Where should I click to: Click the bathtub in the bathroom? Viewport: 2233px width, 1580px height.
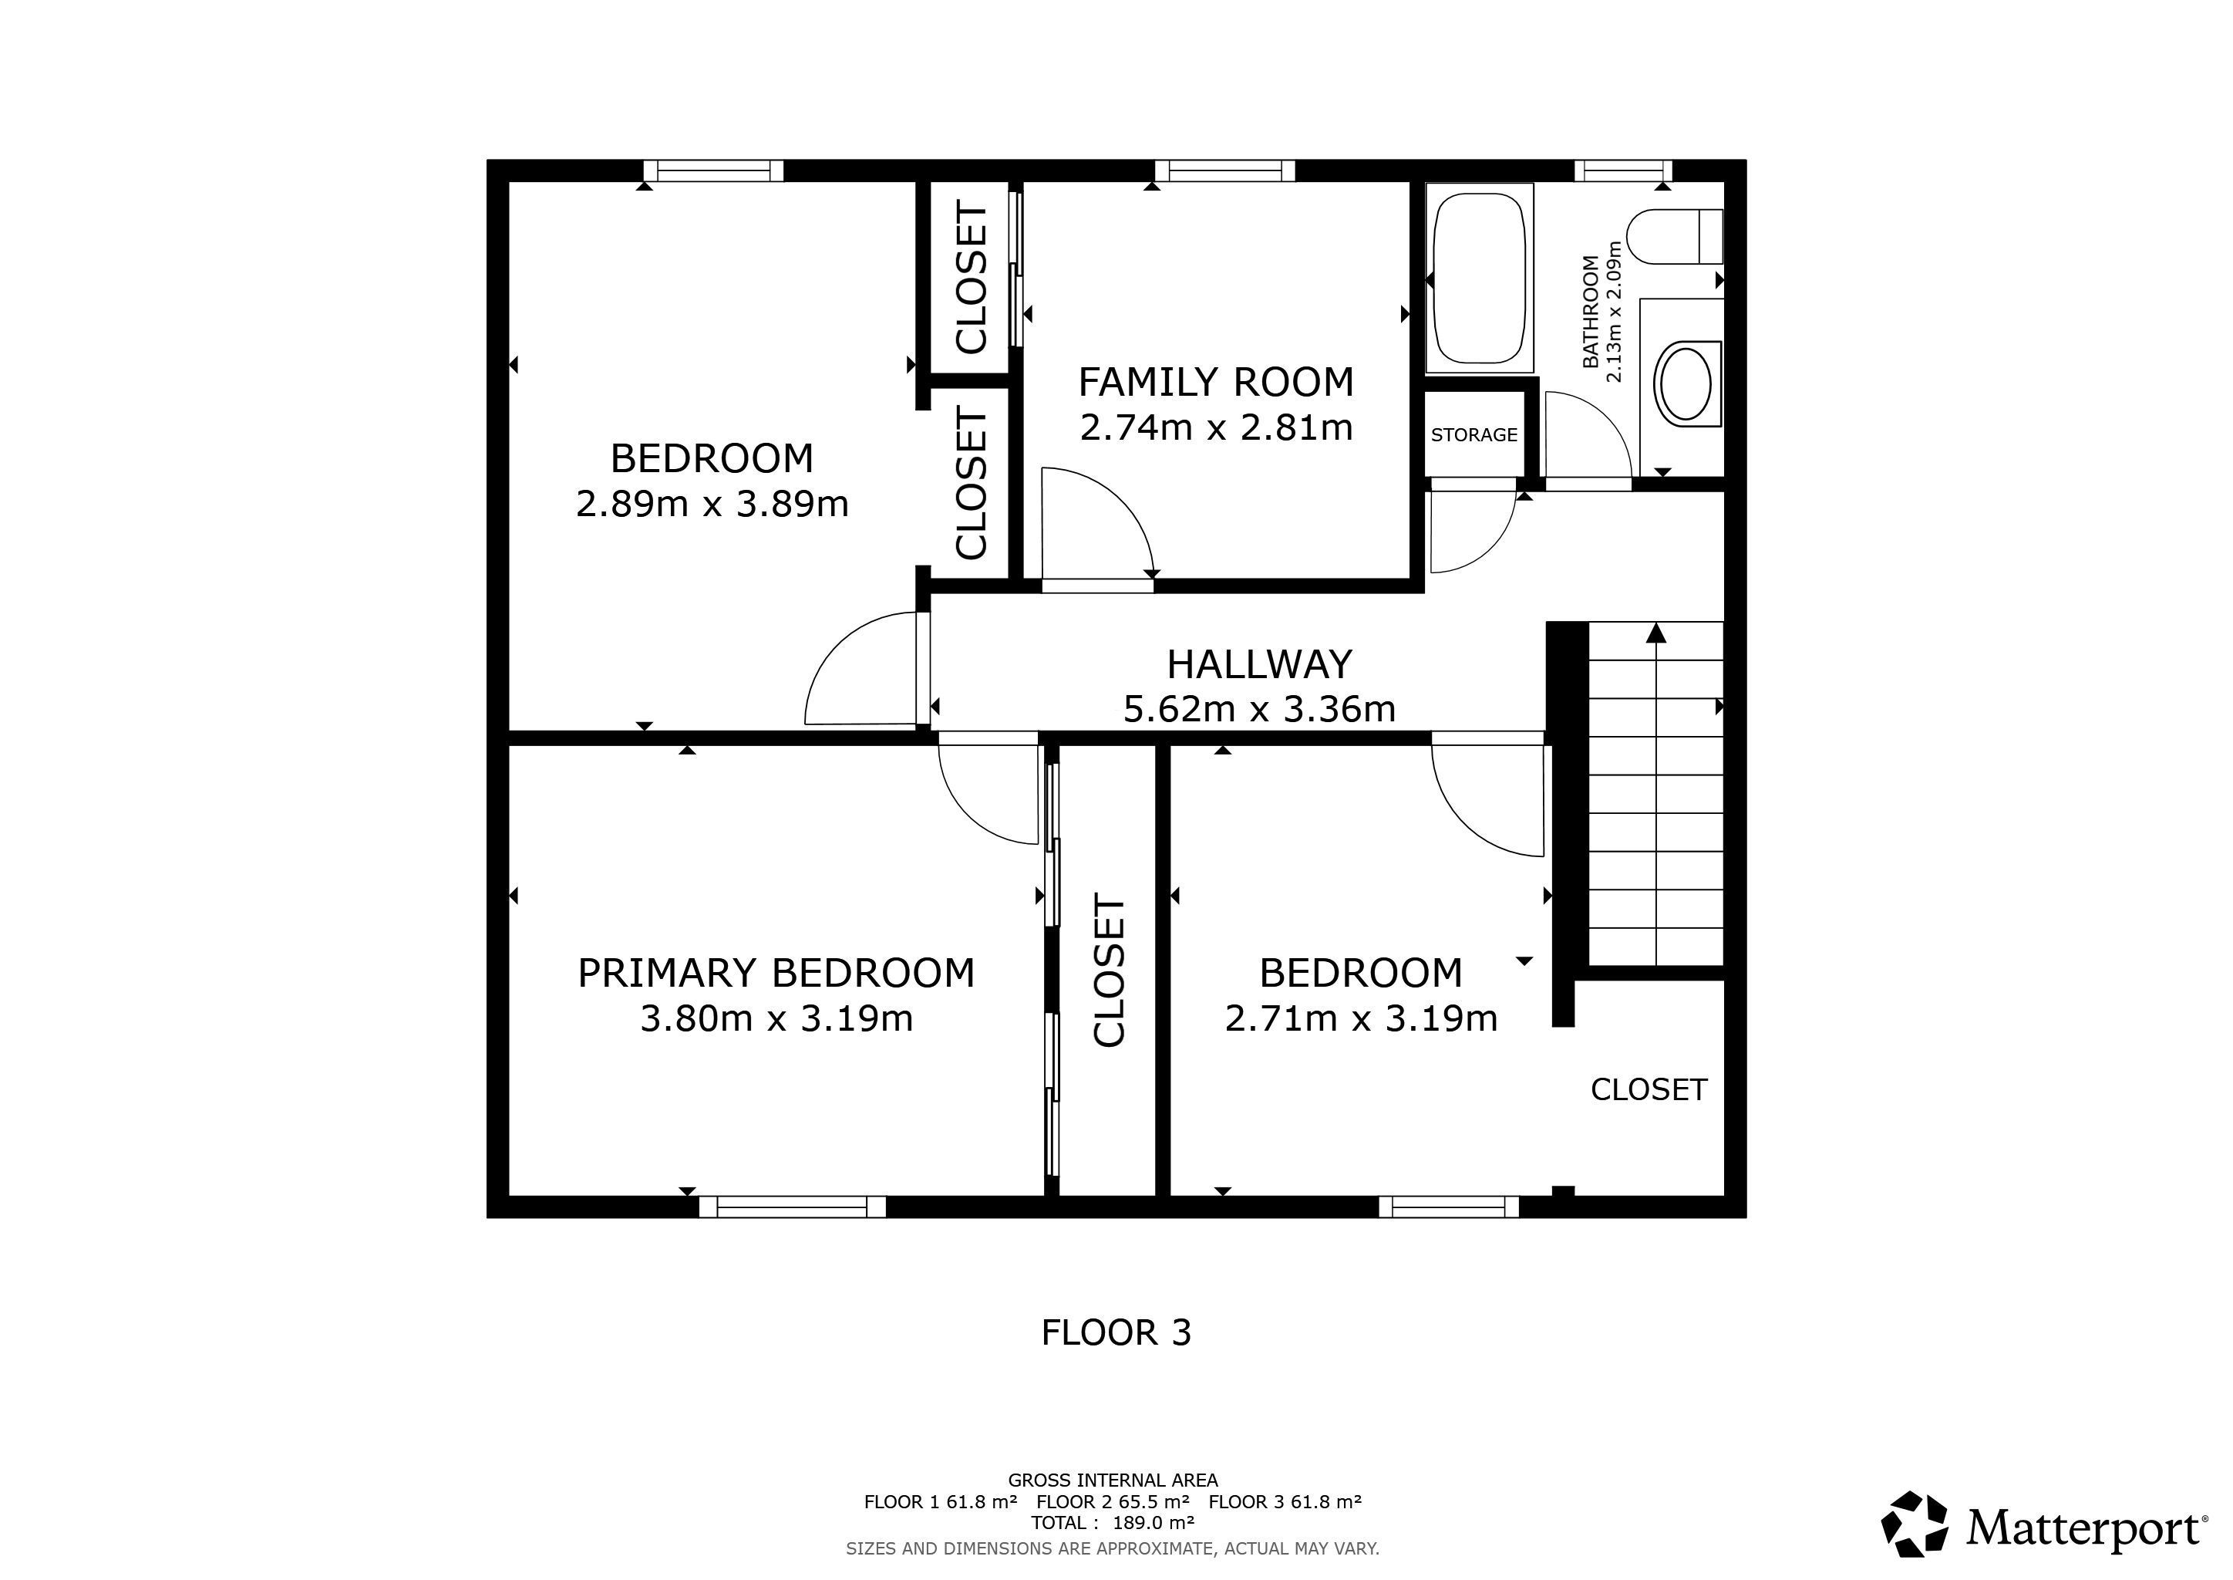pos(1479,279)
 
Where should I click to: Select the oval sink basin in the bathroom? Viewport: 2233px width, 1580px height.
pos(1686,383)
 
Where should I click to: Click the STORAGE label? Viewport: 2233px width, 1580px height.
pos(1474,435)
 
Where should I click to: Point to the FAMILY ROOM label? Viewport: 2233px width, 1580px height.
pos(1216,381)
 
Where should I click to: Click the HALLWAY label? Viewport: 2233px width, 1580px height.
pos(1259,664)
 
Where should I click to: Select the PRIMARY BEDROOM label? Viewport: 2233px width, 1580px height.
pos(776,973)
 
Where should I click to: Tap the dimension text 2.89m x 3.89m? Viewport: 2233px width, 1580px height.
pos(712,504)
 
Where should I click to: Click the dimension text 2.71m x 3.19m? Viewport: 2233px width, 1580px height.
pos(1361,1018)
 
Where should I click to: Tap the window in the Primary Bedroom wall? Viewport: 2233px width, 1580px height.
pos(793,1207)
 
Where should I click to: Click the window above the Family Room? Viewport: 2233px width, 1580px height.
pos(1224,170)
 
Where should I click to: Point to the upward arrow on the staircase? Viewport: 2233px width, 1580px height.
pos(1656,633)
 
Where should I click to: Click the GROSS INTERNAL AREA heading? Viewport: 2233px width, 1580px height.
pos(1113,1480)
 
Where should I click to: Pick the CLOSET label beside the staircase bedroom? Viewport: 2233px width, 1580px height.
pos(1649,1089)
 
